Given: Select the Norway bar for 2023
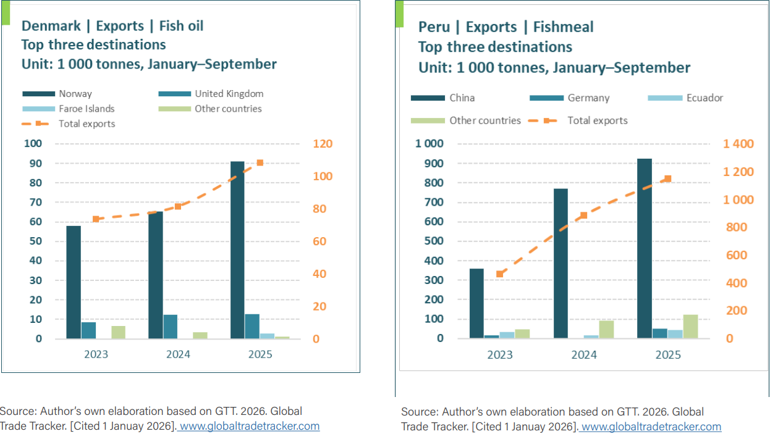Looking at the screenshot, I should [x=74, y=282].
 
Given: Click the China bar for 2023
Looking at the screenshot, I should [x=476, y=303].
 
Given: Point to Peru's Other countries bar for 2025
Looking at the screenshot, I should [x=690, y=326].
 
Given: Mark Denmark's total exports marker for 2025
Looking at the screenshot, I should [x=260, y=163].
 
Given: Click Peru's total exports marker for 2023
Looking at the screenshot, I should [x=500, y=274].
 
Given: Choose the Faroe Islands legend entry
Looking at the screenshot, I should [x=87, y=109].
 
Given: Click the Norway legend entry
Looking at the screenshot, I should [x=75, y=94].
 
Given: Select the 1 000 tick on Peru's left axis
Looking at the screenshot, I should [x=429, y=144].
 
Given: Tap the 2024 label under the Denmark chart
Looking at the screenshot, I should [x=178, y=354].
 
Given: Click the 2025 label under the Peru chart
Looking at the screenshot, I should [x=668, y=354].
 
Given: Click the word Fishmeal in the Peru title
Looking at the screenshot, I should [x=563, y=27].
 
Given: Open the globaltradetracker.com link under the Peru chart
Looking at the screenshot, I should [x=651, y=427].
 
